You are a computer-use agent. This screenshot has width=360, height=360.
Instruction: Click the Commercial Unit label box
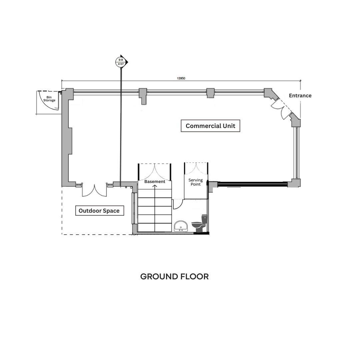(x=210, y=126)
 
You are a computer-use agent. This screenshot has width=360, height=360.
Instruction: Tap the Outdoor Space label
(x=100, y=211)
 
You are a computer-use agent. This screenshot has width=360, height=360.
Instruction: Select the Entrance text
(x=300, y=96)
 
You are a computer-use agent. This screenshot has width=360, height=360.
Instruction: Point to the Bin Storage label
(x=49, y=99)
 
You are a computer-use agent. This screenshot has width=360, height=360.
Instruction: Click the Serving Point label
(x=196, y=182)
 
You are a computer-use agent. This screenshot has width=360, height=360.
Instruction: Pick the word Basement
(x=155, y=181)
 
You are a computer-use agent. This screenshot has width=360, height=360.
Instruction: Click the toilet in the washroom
(x=200, y=224)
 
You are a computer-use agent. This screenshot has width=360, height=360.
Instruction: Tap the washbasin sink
(x=181, y=226)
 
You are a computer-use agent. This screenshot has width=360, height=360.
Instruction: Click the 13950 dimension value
(x=181, y=78)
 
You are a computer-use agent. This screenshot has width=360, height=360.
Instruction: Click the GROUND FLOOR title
(x=174, y=276)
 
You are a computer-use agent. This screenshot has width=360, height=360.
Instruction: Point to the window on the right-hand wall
(x=297, y=153)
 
